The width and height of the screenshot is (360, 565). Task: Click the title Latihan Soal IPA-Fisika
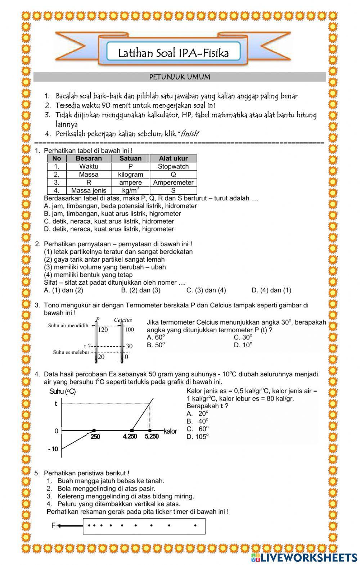click(x=174, y=53)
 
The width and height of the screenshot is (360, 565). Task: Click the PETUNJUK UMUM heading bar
click(x=180, y=77)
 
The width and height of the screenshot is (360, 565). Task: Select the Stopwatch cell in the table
click(x=173, y=167)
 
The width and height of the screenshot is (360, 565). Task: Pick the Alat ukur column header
click(x=173, y=158)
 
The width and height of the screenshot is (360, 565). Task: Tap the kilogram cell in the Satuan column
click(x=130, y=175)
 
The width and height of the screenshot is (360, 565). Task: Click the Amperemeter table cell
click(x=173, y=182)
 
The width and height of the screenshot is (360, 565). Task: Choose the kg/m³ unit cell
click(x=130, y=190)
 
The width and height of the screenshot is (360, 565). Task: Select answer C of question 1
click(x=109, y=221)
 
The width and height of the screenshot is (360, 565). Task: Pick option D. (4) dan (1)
click(x=271, y=290)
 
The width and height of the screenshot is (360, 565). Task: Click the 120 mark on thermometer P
click(x=103, y=329)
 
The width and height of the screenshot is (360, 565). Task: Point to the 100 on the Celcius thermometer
click(x=129, y=329)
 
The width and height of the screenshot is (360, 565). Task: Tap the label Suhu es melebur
click(x=71, y=352)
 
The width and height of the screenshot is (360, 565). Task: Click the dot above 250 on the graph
click(x=94, y=430)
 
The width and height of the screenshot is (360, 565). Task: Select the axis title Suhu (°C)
click(x=62, y=392)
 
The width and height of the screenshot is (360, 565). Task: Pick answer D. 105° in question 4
click(x=198, y=437)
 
